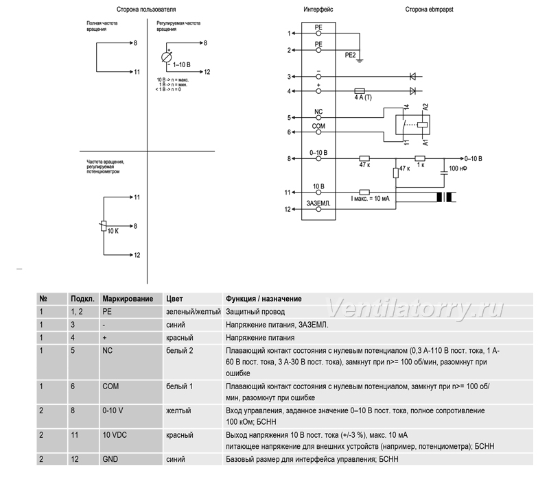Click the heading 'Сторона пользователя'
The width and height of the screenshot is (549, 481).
pyautogui.click(x=146, y=10)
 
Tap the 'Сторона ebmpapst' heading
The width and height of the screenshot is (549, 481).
pyautogui.click(x=429, y=10)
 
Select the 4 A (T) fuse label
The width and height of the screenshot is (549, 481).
pyautogui.click(x=363, y=97)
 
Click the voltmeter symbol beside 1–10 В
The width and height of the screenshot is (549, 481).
pyautogui.click(x=167, y=57)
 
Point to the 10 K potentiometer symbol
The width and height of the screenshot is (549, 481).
pyautogui.click(x=104, y=226)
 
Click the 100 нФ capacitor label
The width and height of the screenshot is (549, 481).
pyautogui.click(x=458, y=169)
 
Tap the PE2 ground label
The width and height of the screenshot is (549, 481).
pyautogui.click(x=350, y=55)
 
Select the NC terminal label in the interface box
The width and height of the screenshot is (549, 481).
pyautogui.click(x=318, y=112)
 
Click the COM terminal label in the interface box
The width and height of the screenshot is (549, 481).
pyautogui.click(x=318, y=126)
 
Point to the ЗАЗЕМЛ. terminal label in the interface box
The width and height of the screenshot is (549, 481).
pyautogui.click(x=318, y=203)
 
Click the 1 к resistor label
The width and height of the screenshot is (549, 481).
pyautogui.click(x=421, y=165)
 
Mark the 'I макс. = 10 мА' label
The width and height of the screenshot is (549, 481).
pyautogui.click(x=370, y=199)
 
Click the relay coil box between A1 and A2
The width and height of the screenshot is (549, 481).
pyautogui.click(x=423, y=125)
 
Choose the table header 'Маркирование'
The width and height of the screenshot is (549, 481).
pyautogui.click(x=128, y=299)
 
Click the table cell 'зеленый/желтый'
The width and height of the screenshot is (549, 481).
pyautogui.click(x=194, y=312)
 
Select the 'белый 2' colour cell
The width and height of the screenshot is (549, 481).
pyautogui.click(x=179, y=351)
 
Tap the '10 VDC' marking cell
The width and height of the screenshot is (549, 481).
pyautogui.click(x=115, y=435)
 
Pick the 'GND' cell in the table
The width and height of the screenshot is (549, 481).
pyautogui.click(x=110, y=459)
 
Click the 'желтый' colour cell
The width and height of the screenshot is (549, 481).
pyautogui.click(x=178, y=410)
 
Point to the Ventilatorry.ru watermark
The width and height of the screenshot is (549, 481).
pyautogui.click(x=415, y=308)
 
